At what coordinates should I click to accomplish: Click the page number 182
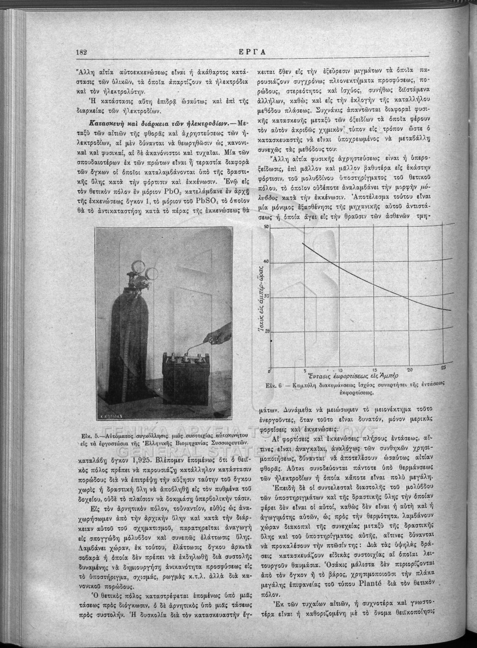coord(82,52)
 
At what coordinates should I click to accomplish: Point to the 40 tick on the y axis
coord(265,262)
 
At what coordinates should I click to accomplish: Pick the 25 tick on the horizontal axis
coord(444,368)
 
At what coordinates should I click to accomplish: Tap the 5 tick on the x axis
coord(305,370)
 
